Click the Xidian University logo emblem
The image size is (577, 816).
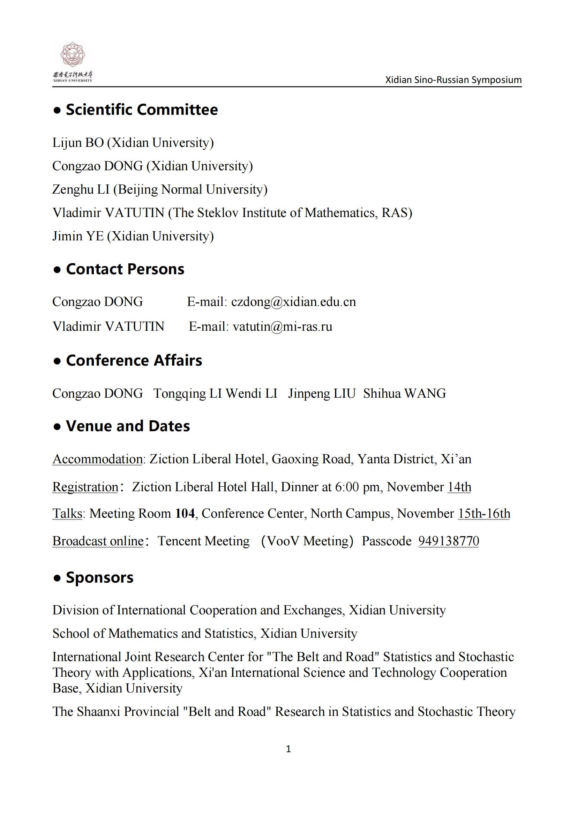coord(73,55)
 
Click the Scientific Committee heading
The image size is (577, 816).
coord(141,110)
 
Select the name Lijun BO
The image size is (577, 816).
coord(78,143)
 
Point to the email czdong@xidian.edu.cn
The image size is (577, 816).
coord(293,302)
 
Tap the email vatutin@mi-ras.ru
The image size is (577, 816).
coord(282,326)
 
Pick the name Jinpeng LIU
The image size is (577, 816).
coord(322,394)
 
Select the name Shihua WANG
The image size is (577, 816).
coord(404,394)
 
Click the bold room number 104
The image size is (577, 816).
coord(185,514)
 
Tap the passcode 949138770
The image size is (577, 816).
coord(448,541)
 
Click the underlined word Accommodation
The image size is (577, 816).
coord(97,459)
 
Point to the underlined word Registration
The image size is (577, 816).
coord(85,487)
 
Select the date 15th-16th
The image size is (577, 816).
coord(484,514)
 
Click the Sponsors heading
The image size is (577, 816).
coord(99,577)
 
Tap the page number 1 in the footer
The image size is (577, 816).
coord(288,749)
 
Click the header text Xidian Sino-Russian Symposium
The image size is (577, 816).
coord(454,80)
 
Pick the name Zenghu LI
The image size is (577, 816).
coord(81,189)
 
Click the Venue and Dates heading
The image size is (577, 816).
coord(128,426)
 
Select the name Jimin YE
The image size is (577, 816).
coord(78,236)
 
